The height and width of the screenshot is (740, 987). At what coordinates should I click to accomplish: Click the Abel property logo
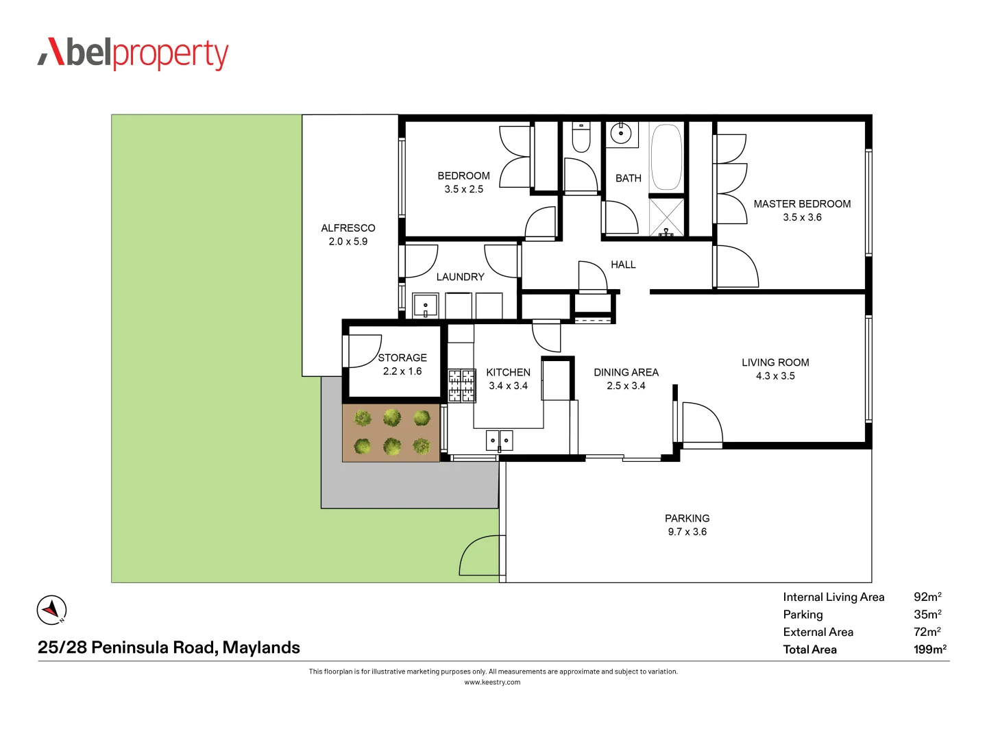[x=133, y=53]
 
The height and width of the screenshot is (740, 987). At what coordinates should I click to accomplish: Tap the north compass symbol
[x=51, y=610]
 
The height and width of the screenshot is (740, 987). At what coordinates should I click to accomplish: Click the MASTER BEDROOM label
[x=802, y=204]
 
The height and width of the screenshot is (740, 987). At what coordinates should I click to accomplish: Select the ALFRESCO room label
[x=348, y=228]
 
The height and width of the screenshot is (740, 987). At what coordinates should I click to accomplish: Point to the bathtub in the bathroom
[x=666, y=157]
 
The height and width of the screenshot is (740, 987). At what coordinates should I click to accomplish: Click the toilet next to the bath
[x=581, y=137]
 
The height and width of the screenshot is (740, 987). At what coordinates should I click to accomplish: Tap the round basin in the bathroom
[x=621, y=133]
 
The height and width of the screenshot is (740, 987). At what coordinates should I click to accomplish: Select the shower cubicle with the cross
[x=666, y=217]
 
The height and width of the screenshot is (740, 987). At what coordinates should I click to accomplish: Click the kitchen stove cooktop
[x=462, y=386]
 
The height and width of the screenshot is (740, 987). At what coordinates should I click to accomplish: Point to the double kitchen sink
[x=499, y=440]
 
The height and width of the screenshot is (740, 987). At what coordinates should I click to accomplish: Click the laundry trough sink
[x=425, y=306]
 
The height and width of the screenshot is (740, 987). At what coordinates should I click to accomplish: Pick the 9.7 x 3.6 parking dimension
[x=687, y=532]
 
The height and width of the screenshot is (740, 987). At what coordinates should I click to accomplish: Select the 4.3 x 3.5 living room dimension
[x=775, y=376]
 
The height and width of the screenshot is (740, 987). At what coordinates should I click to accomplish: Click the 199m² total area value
[x=929, y=650]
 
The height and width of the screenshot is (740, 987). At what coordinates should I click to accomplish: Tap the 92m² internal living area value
[x=927, y=597]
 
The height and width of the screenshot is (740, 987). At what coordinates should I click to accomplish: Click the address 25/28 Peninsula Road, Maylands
[x=169, y=647]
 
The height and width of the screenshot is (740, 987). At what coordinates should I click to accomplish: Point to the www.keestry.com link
[x=492, y=682]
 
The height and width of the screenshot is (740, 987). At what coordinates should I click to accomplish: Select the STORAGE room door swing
[x=364, y=351]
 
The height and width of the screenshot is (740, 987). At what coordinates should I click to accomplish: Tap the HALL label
[x=623, y=264]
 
